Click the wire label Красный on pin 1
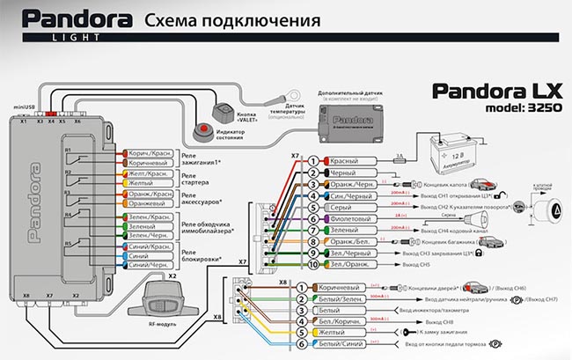(343, 161)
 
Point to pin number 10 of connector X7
(312, 264)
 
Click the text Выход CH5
(415, 265)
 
